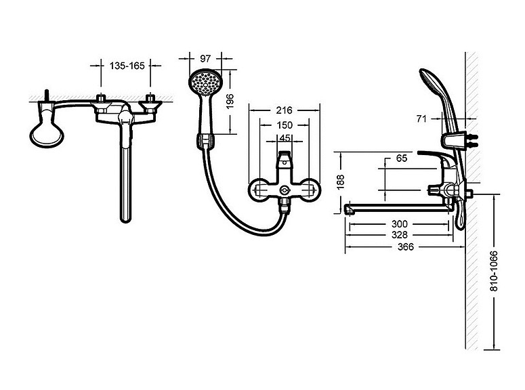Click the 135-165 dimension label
[127, 66]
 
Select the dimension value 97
[205, 59]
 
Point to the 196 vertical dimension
[230, 102]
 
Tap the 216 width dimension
[284, 110]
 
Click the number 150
[285, 125]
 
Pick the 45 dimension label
[285, 138]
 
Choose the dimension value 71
[421, 118]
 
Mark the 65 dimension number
[402, 158]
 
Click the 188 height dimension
[341, 182]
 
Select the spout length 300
[400, 223]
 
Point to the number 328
[400, 235]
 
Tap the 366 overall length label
[406, 247]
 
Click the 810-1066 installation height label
[494, 271]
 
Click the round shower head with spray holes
[205, 83]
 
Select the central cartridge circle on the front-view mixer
[285, 190]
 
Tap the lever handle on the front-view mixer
[285, 160]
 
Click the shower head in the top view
[47, 133]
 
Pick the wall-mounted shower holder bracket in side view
[455, 140]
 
